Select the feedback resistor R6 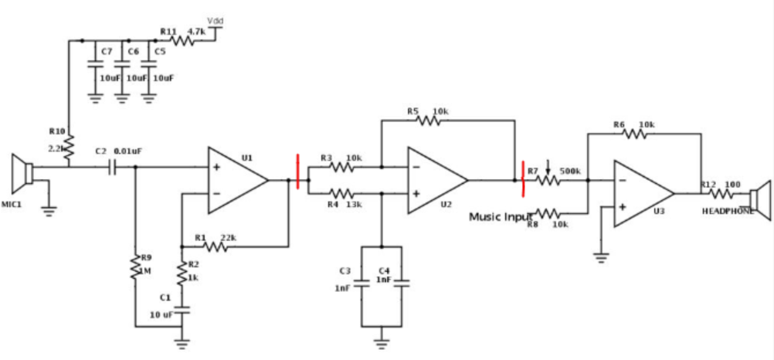click(x=635, y=134)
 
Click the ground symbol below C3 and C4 click(x=382, y=337)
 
